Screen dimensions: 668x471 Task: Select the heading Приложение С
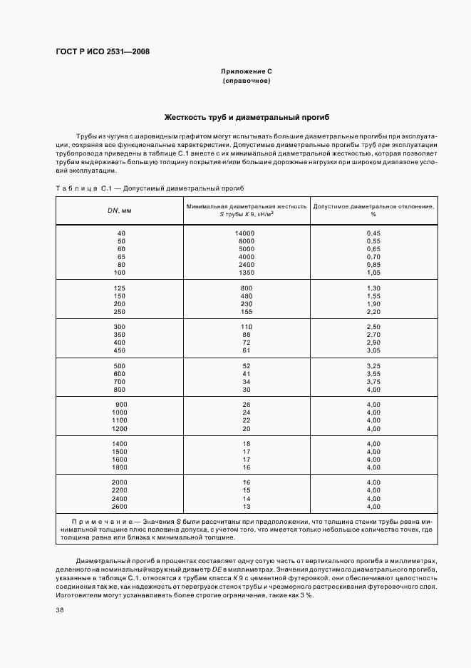(x=247, y=71)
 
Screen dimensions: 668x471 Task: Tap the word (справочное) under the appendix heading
(x=247, y=81)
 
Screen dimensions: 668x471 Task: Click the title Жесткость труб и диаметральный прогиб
(x=247, y=117)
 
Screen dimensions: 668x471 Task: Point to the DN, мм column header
(x=120, y=211)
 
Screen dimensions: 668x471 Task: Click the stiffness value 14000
(x=245, y=233)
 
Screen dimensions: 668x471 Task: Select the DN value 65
(x=121, y=256)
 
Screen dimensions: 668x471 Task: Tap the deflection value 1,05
(x=373, y=272)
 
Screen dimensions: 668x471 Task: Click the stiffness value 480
(x=247, y=295)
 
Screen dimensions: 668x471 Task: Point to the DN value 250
(x=120, y=311)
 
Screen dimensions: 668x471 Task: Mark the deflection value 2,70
(x=373, y=334)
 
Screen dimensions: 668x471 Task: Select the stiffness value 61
(x=247, y=350)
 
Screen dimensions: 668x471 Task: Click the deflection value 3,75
(x=373, y=381)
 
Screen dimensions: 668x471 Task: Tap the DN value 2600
(x=120, y=506)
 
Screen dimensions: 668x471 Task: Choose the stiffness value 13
(x=247, y=506)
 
